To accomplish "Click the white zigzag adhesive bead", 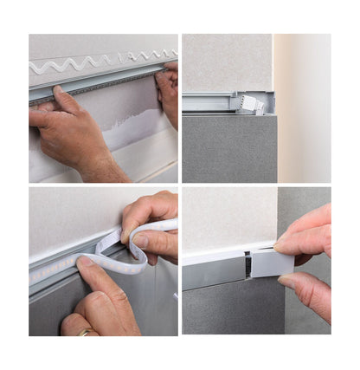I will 95,62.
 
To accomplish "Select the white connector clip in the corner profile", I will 253,104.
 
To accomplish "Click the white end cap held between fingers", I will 273,262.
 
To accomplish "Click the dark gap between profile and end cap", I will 247,264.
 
